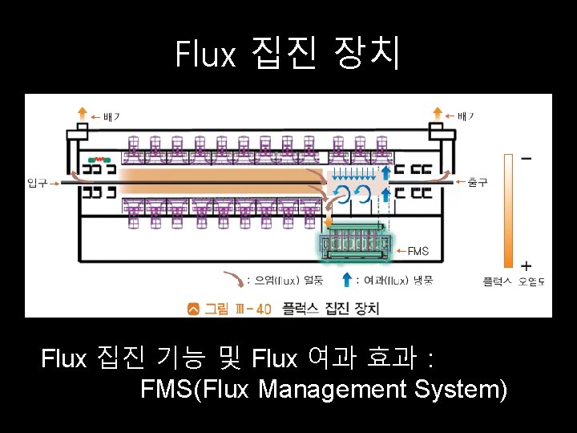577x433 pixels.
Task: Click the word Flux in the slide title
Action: [x=206, y=55]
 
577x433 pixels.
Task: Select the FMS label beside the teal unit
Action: [x=418, y=251]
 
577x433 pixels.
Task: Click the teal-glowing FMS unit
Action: [x=356, y=245]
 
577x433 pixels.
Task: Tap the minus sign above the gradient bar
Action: [x=526, y=159]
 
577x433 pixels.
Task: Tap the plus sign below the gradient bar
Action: [x=526, y=265]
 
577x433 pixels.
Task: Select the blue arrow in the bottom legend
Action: [x=346, y=279]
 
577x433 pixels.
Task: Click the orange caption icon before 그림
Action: [x=193, y=308]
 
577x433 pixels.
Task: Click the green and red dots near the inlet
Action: [x=97, y=159]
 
